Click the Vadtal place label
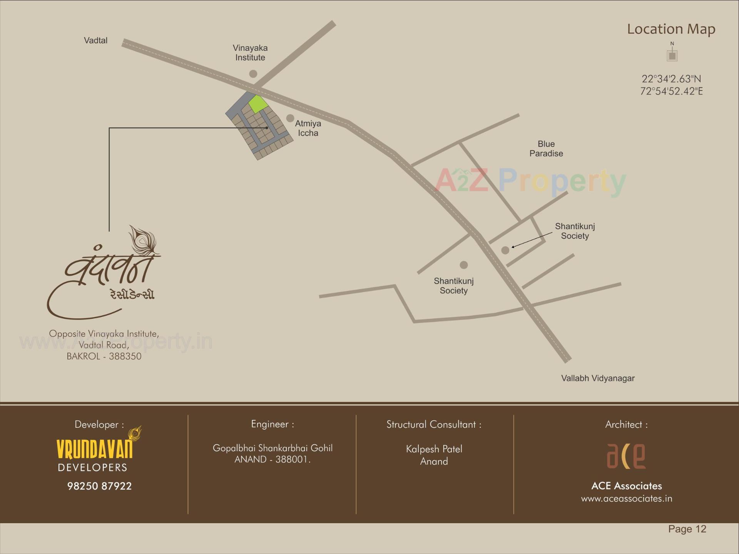click(x=95, y=40)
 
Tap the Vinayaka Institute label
click(x=250, y=53)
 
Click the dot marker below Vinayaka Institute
click(x=253, y=74)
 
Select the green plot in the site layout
click(x=258, y=104)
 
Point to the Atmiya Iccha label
click(x=308, y=128)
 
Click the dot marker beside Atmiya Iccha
click(x=290, y=118)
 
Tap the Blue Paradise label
click(x=546, y=149)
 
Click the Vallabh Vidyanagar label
click(x=597, y=378)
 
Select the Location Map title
click(x=671, y=29)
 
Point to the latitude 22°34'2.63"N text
click(x=671, y=79)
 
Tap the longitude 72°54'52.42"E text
click(x=671, y=91)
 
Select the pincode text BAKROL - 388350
click(x=104, y=356)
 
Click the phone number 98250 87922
click(x=99, y=486)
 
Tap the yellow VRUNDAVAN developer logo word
click(x=95, y=449)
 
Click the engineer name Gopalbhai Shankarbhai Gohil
click(x=273, y=448)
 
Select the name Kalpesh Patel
click(x=434, y=449)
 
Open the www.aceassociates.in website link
click(x=626, y=499)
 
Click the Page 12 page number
click(x=687, y=529)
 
